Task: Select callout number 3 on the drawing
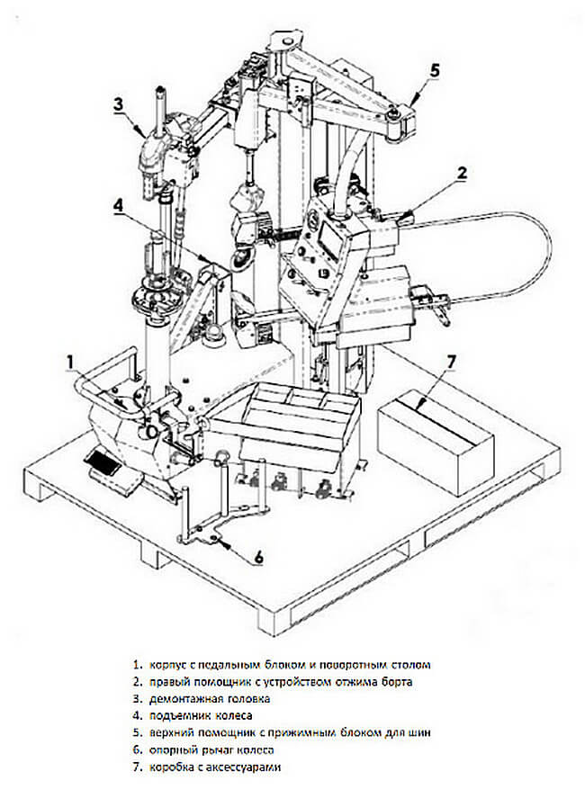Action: pos(117,103)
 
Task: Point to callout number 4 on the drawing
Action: pos(118,205)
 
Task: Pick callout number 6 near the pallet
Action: pos(258,558)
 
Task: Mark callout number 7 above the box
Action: pos(453,362)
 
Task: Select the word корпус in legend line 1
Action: pos(166,664)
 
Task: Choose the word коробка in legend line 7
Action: pos(171,767)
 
